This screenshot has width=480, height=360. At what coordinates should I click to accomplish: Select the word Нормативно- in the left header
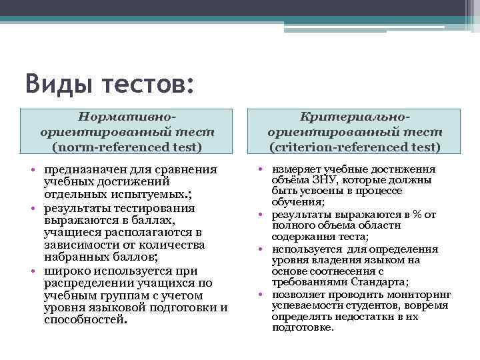tap(126, 116)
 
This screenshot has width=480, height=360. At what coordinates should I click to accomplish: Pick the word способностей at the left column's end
tap(83, 319)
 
